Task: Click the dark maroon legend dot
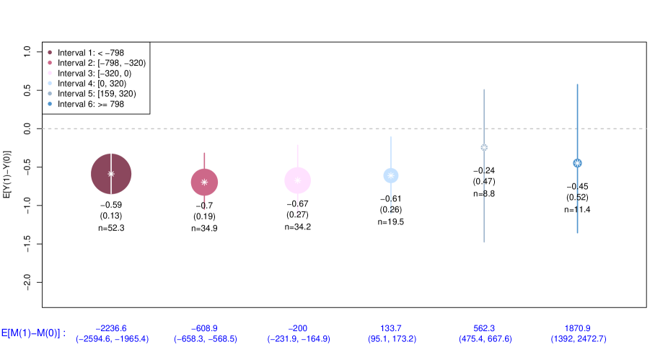pyautogui.click(x=50, y=52)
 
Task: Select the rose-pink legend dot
pyautogui.click(x=50, y=63)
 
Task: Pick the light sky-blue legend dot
pyautogui.click(x=50, y=83)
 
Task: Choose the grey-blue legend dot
pyautogui.click(x=50, y=94)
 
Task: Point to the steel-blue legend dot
pyautogui.click(x=50, y=104)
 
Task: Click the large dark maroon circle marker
pyautogui.click(x=111, y=174)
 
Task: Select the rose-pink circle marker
pyautogui.click(x=204, y=183)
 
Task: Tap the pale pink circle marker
pyautogui.click(x=297, y=180)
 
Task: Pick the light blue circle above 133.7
pyautogui.click(x=391, y=175)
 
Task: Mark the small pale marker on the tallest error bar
pyautogui.click(x=484, y=147)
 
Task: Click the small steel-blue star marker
pyautogui.click(x=577, y=163)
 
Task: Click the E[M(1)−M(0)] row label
pyautogui.click(x=33, y=333)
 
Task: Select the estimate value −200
pyautogui.click(x=298, y=328)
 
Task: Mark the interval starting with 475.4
pyautogui.click(x=485, y=338)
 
